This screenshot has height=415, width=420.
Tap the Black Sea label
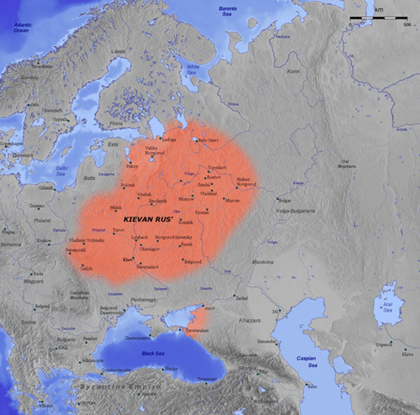pos(153,353)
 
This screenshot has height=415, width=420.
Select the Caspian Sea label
pos(307,362)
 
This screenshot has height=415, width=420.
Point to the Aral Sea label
pos(387,307)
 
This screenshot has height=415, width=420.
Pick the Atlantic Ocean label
pos(23,28)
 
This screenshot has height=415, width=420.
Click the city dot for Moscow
pos(193,196)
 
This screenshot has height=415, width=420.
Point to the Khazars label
pos(250,321)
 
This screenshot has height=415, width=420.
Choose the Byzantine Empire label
pos(120,387)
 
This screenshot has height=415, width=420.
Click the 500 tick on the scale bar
pos(407,25)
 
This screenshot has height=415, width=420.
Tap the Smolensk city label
pos(158,201)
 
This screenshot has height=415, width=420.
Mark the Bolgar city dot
pos(277,199)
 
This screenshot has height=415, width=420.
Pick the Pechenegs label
pos(143,300)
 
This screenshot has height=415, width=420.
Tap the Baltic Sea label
pos(61,171)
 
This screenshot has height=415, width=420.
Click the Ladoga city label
pos(169,140)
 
